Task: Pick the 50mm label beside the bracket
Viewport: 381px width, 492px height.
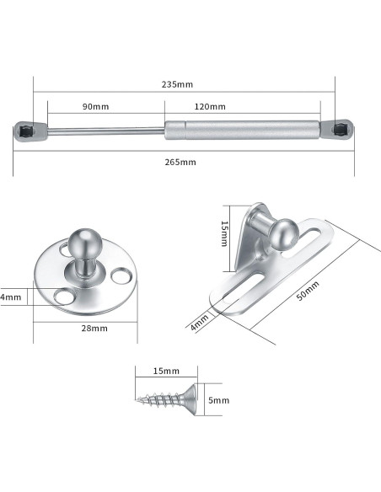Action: coord(309,290)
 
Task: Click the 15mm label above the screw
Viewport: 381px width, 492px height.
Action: coord(167,372)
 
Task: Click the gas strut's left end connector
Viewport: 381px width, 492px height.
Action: coord(27,131)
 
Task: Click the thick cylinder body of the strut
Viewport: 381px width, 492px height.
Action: coord(241,130)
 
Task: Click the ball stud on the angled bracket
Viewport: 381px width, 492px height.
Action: coord(283,232)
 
